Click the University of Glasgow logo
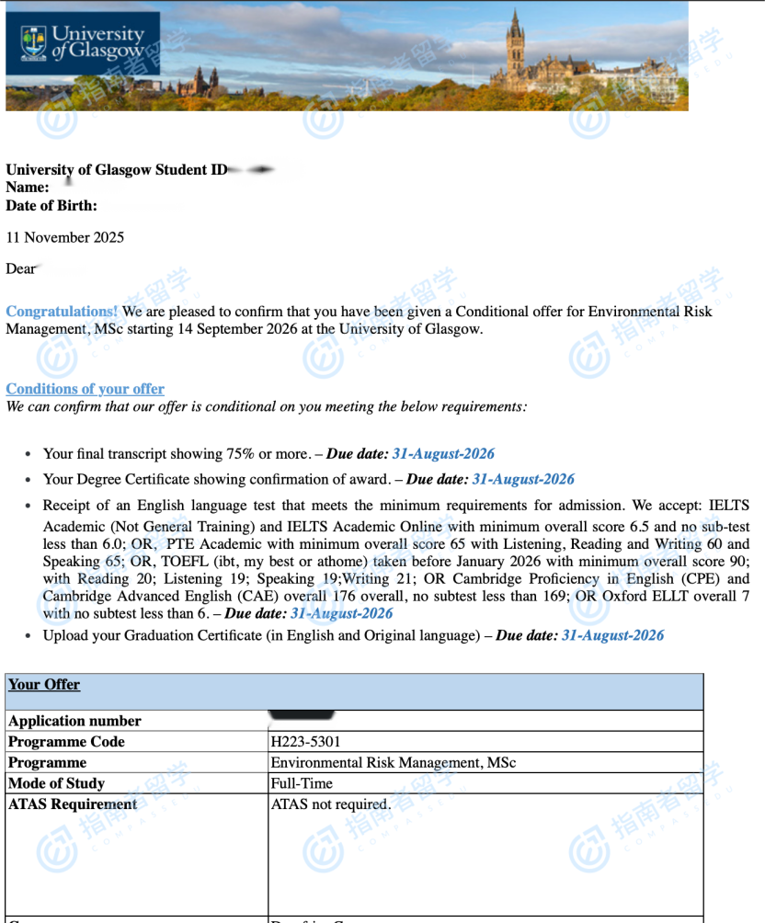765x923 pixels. [x=83, y=43]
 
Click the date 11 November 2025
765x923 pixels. [x=65, y=237]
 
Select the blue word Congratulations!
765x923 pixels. [x=62, y=312]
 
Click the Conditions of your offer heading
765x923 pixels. [x=86, y=389]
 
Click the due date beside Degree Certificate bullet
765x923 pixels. [x=523, y=479]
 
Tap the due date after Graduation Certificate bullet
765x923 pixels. [x=612, y=635]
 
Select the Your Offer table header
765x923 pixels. [x=44, y=685]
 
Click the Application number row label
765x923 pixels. [x=74, y=721]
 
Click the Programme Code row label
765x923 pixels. [x=66, y=742]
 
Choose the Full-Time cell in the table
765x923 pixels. [x=302, y=783]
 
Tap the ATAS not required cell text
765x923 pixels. [x=330, y=804]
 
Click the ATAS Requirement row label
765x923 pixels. [x=73, y=804]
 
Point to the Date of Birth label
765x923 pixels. [x=51, y=206]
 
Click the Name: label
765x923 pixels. [x=28, y=188]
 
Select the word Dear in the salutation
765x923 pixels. [x=21, y=269]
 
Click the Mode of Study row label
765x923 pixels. [x=56, y=783]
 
